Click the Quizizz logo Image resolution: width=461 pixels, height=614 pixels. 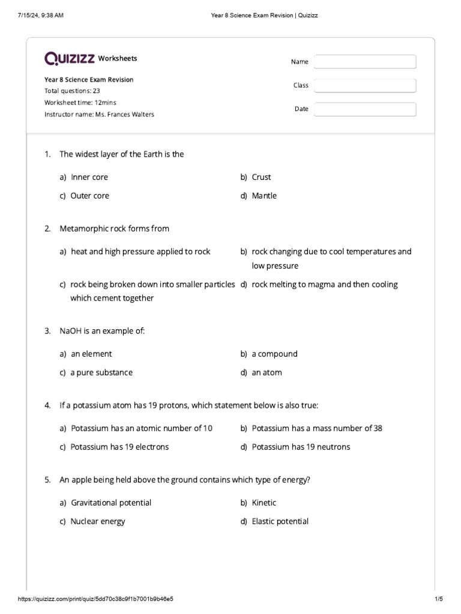[69, 58]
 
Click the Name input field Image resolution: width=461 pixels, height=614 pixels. [364, 62]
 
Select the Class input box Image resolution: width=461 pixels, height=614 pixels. [364, 86]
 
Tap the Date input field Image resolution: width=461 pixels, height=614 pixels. [364, 109]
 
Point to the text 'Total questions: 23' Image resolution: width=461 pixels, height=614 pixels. [72, 91]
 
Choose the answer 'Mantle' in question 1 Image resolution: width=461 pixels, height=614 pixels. [264, 195]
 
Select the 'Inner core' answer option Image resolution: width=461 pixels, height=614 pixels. [89, 177]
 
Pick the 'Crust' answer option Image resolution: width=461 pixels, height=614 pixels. [261, 177]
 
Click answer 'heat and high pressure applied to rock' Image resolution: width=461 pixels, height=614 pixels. [140, 251]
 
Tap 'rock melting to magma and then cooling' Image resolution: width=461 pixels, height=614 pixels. [324, 284]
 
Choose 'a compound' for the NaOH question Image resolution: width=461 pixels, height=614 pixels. [274, 354]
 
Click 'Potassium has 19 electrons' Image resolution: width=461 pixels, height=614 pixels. [119, 447]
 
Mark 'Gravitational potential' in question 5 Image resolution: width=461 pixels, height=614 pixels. [111, 502]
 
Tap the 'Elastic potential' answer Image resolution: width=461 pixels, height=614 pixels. [280, 521]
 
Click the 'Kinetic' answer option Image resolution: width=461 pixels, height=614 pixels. [264, 502]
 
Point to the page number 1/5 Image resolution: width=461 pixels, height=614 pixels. [438, 599]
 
